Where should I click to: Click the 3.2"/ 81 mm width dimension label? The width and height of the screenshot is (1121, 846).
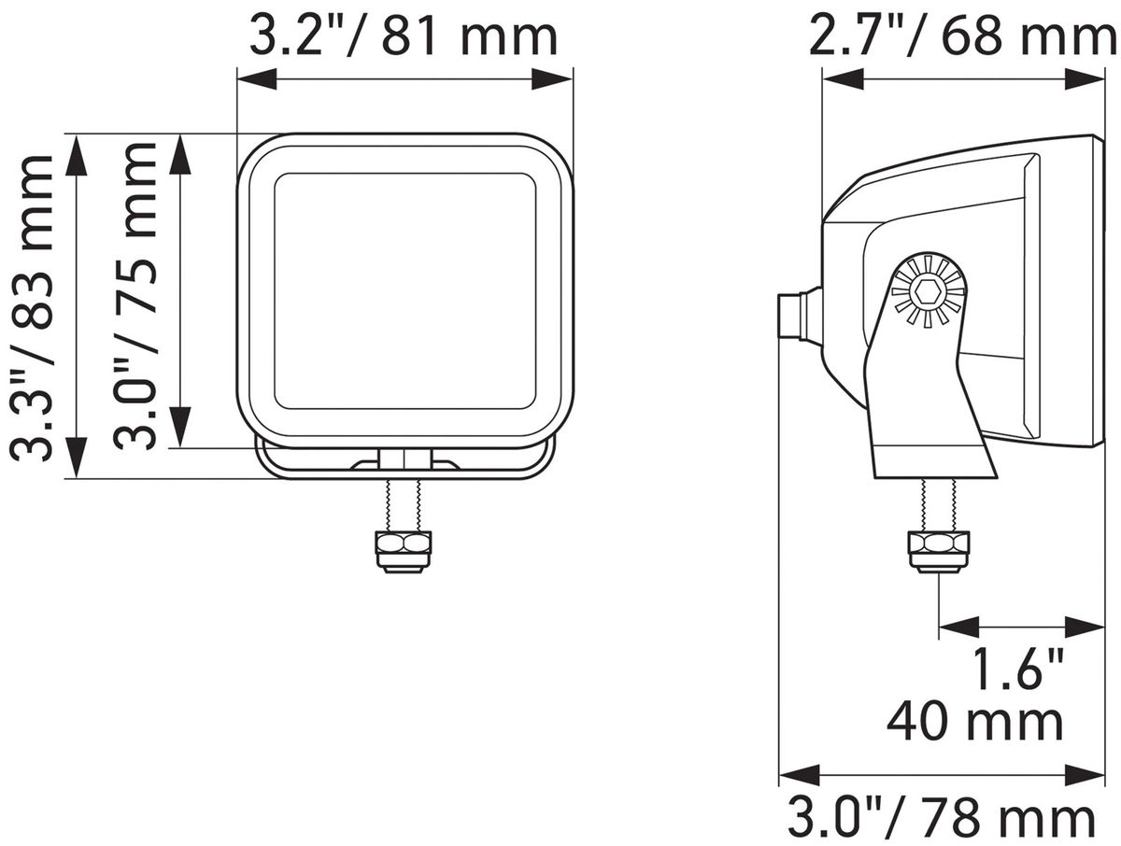403,36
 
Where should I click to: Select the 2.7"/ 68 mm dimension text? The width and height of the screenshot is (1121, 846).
962,36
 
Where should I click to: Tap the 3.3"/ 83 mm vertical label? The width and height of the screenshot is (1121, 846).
32,307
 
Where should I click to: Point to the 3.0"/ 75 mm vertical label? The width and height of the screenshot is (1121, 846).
134,296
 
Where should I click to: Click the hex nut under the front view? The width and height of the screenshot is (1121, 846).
404,552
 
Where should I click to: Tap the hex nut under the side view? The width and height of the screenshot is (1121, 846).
939,552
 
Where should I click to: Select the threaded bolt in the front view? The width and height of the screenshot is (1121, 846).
404,504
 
